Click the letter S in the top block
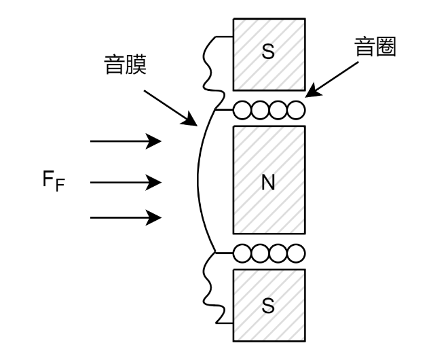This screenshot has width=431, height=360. pos(268,52)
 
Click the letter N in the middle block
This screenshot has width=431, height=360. pos(268,183)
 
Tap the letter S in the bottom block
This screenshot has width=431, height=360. pos(268,306)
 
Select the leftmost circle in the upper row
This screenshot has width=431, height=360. pos(242,110)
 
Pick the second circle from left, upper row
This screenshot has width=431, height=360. pos(260,110)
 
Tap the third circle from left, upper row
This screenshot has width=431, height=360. pos(278,110)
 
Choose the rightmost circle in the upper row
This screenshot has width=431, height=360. pos(296,110)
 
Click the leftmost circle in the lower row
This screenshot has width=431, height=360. pos(242,253)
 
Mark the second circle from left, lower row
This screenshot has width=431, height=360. pos(260,253)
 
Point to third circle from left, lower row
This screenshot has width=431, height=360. pos(278,253)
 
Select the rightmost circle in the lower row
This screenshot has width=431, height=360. pos(296,253)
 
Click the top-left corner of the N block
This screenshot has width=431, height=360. pos(235,128)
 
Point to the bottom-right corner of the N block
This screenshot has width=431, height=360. pos(303,232)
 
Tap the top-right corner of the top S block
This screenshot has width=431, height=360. pos(303,20)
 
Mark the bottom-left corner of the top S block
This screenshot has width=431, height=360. pos(235,89)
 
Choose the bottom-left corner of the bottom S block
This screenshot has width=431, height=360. pos(235,340)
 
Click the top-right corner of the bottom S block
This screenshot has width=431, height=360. pos(303,271)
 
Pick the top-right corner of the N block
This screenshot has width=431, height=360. pos(303,128)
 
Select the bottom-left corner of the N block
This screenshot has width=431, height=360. pos(235,232)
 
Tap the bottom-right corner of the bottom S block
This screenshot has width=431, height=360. pos(303,340)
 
